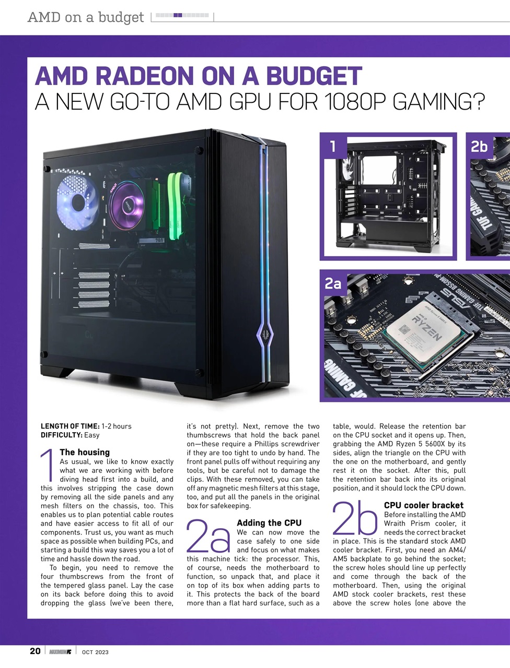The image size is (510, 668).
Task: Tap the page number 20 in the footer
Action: coord(35,651)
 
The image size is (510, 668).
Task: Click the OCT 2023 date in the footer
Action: coord(95,652)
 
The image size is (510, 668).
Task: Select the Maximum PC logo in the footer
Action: coord(61,651)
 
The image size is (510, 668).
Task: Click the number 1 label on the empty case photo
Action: coord(333,146)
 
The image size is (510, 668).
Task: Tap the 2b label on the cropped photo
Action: coord(479,147)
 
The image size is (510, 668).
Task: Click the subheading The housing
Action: coord(85,452)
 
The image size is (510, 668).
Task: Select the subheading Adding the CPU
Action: coord(269,522)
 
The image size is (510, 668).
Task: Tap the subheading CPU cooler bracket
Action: coord(423,505)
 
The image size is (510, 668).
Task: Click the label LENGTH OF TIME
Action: coord(70,426)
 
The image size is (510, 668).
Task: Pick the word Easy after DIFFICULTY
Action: coord(92,435)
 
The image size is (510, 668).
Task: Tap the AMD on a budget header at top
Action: coord(86,17)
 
